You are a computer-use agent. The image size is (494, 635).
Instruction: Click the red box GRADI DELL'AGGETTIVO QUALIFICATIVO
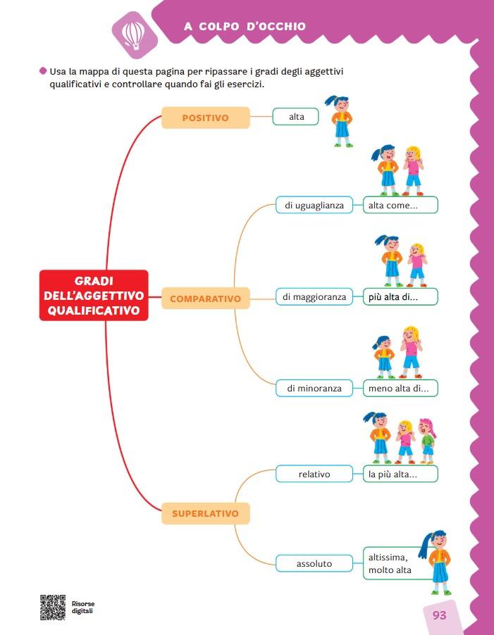coord(94,296)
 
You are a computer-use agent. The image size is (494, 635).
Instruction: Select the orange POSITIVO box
coord(206,118)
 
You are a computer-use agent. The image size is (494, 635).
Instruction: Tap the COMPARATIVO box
coord(205,298)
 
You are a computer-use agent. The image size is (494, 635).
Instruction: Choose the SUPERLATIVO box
coord(205,513)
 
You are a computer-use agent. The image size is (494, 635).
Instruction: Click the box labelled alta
coord(296,117)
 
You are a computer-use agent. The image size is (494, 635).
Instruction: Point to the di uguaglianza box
coord(314,206)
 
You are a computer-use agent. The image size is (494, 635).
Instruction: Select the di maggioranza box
coord(314,297)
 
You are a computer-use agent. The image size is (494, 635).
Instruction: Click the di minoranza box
coord(314,388)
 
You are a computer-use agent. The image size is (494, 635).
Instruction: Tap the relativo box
coord(314,474)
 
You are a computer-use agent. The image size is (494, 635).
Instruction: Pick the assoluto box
coord(314,563)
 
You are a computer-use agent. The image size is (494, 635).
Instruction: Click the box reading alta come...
coord(400,206)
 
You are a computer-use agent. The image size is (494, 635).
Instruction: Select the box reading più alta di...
coord(400,297)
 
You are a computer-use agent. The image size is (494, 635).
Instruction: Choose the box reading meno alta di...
coord(400,388)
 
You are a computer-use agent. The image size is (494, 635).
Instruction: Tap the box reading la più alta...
coord(400,474)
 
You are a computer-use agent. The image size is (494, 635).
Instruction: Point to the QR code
coord(53,608)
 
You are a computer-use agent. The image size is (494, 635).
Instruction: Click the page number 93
coord(439,615)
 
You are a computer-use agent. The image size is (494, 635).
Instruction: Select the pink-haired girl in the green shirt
coord(427,440)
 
